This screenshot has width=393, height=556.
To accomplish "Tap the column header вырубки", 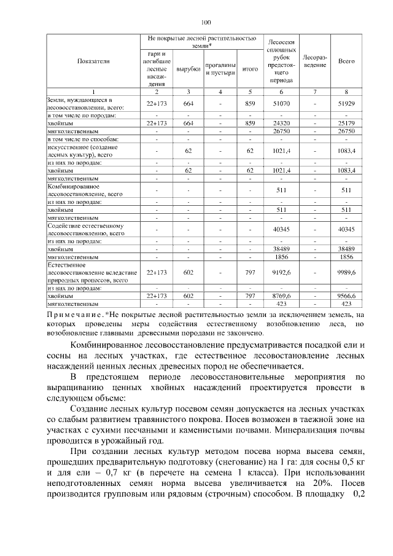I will [189, 69].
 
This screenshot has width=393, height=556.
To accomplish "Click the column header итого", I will [250, 69].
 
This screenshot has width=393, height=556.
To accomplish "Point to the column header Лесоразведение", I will [314, 61].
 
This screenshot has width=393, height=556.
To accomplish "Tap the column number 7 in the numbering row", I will [314, 92].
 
